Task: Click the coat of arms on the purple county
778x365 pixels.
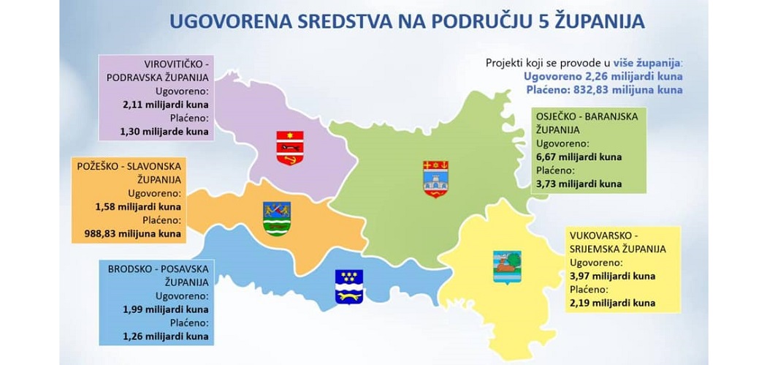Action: tap(290, 148)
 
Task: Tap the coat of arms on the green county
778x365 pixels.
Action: tap(435, 178)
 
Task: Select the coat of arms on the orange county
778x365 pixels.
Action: tap(277, 219)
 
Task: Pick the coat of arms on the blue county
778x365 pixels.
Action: tap(348, 287)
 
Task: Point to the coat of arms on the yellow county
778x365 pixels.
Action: tap(507, 267)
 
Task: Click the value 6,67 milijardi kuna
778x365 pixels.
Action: tap(579, 157)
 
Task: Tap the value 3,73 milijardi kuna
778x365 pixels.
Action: tap(579, 184)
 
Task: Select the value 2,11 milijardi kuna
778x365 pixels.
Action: tap(165, 105)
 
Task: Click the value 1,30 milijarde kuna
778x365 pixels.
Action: tap(164, 132)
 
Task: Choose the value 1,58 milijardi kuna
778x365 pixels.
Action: tap(138, 206)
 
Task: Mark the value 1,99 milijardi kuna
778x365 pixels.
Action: tap(166, 309)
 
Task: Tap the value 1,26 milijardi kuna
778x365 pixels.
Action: tap(166, 336)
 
